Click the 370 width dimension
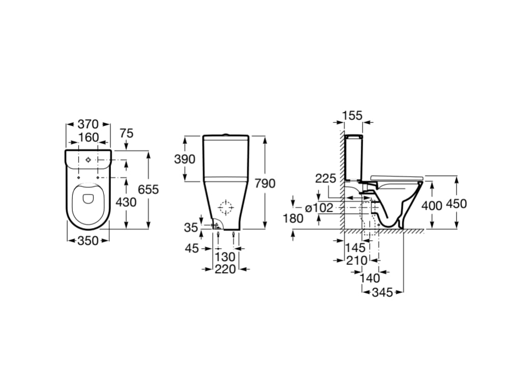tap(88, 124)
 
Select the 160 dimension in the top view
tap(88, 138)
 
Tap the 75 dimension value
tap(126, 133)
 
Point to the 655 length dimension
tap(148, 189)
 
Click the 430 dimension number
tap(126, 202)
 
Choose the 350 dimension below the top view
tap(88, 241)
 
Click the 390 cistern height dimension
tap(185, 159)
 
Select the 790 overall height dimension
tap(265, 183)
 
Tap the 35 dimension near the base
tap(191, 227)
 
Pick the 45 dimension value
tap(192, 249)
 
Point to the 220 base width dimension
tap(225, 269)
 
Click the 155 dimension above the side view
tap(352, 116)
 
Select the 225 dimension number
tap(326, 179)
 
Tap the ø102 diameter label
tap(319, 207)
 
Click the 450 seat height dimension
tap(456, 204)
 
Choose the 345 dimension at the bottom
tap(382, 292)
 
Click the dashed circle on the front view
tap(225, 207)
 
